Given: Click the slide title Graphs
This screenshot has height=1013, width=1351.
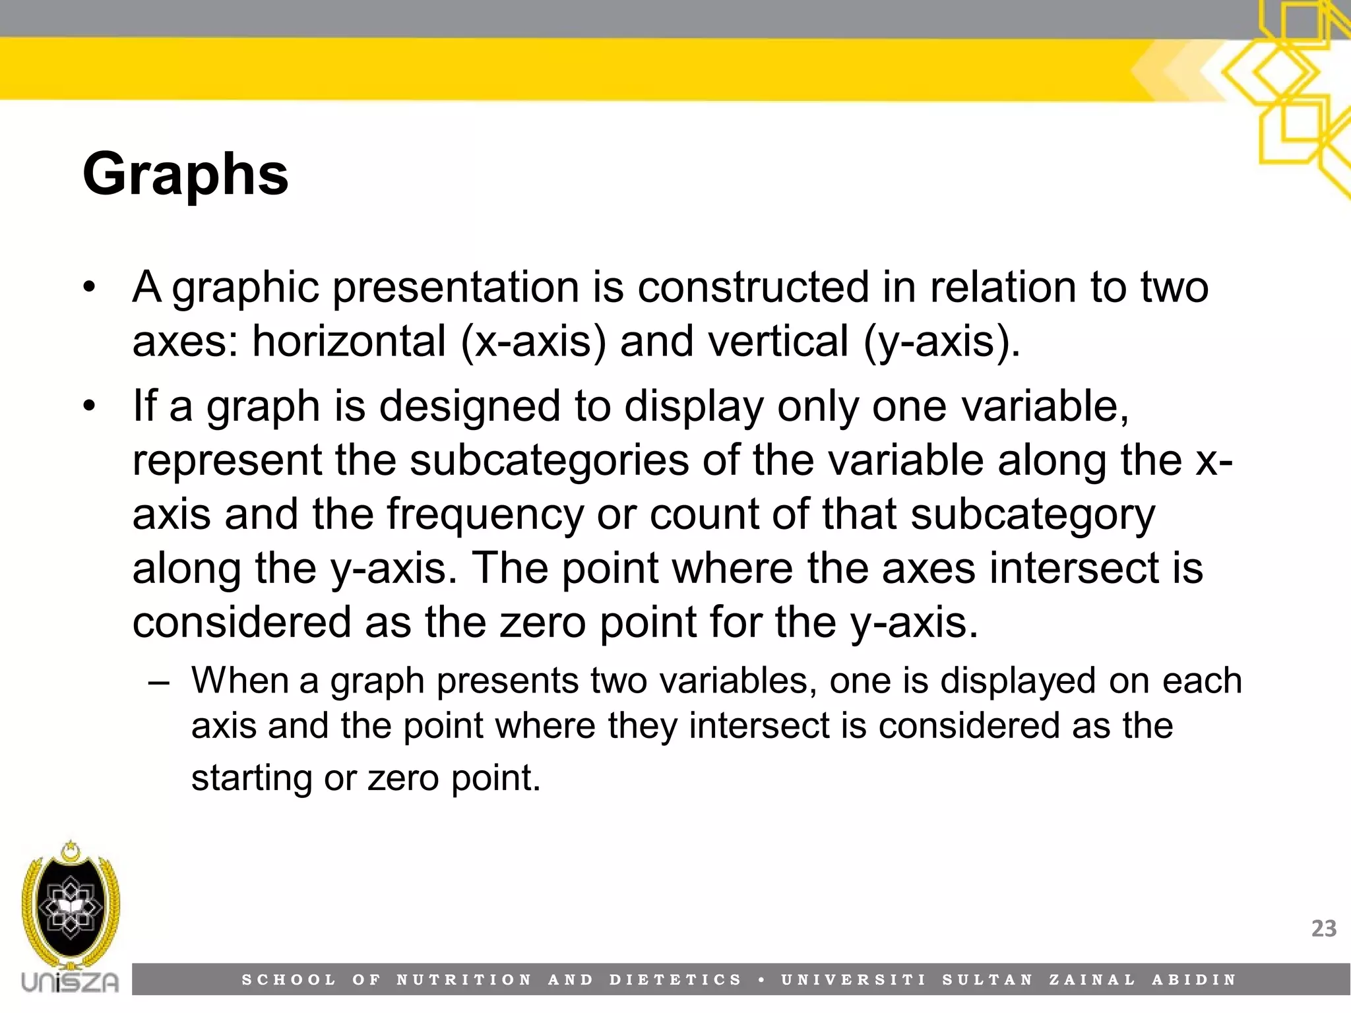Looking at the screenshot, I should [185, 175].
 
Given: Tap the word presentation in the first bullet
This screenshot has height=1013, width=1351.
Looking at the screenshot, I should [456, 288].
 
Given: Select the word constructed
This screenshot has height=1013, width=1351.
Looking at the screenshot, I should [753, 288].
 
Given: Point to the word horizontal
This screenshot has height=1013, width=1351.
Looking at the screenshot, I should [349, 342].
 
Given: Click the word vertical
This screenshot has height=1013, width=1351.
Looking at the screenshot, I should [734, 342].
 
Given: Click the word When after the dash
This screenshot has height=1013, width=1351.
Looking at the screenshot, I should [240, 681].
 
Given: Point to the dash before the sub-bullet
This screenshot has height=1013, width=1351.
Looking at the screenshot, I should [158, 682].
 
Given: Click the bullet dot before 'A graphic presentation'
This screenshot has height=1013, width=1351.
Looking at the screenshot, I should [90, 288].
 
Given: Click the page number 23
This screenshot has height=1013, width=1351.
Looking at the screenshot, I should [1323, 929].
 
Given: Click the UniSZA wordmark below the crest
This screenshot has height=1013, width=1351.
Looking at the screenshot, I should [70, 982].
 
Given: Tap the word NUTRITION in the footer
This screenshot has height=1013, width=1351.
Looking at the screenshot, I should [464, 980].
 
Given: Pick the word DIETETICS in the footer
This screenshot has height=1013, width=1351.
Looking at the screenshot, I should [675, 980].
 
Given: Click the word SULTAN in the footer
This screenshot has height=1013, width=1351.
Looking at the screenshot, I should [988, 980].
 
